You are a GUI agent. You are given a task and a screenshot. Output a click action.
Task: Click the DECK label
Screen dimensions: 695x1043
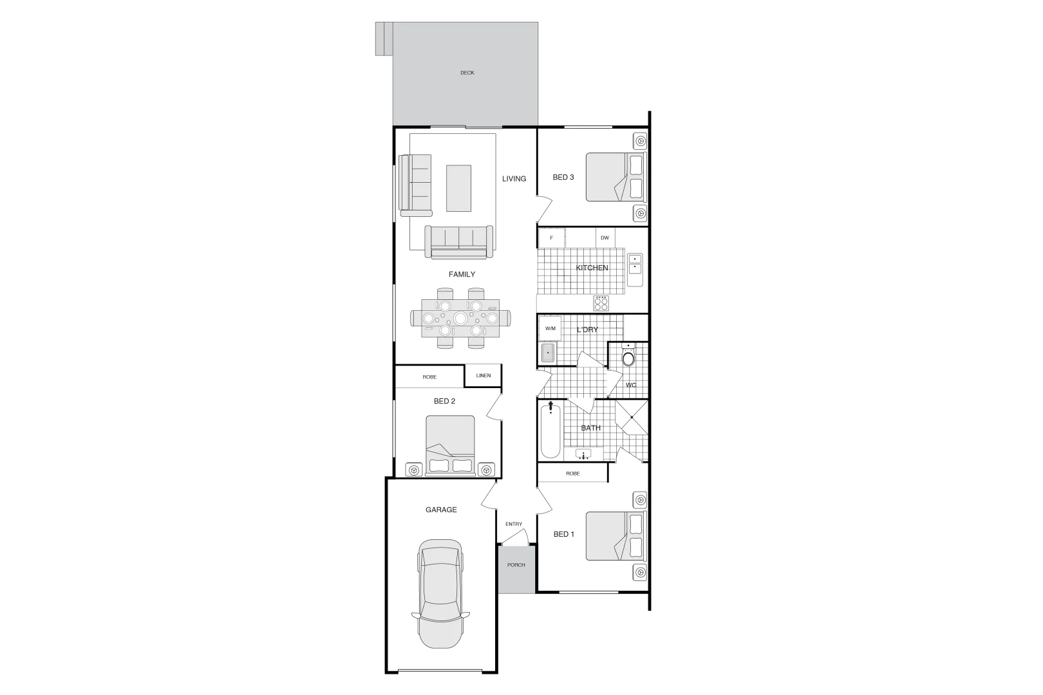tap(467, 73)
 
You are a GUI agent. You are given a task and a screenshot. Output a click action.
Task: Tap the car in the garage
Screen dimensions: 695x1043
tap(440, 593)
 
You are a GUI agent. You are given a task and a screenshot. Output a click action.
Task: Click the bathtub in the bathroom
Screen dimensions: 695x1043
tap(550, 431)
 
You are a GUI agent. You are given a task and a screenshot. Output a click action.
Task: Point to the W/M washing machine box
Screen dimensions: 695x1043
tap(550, 329)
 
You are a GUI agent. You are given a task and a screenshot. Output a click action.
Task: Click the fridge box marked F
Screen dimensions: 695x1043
tap(551, 238)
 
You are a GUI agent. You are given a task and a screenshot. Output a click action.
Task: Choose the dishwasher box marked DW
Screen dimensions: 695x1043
tap(605, 238)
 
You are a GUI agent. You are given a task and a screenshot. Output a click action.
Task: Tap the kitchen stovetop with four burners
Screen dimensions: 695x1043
tap(601, 302)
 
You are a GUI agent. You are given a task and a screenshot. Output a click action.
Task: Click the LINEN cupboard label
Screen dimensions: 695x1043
tap(483, 376)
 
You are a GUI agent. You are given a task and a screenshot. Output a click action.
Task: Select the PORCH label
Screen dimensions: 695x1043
tap(516, 565)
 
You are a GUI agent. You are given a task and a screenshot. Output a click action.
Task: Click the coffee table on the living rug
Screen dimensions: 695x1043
tap(458, 188)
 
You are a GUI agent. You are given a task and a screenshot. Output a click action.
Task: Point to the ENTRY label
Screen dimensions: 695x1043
tap(514, 524)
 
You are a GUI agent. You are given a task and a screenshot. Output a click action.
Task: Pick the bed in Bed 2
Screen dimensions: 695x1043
tap(450, 445)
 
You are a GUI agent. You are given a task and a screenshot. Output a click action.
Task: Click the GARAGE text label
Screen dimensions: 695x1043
tap(441, 510)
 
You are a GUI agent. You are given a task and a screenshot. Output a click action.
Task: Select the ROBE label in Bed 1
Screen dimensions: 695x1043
tap(572, 474)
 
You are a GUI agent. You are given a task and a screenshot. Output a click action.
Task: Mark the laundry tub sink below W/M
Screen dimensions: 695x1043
tap(547, 354)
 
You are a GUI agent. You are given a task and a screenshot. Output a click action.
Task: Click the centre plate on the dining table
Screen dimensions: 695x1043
tap(460, 318)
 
